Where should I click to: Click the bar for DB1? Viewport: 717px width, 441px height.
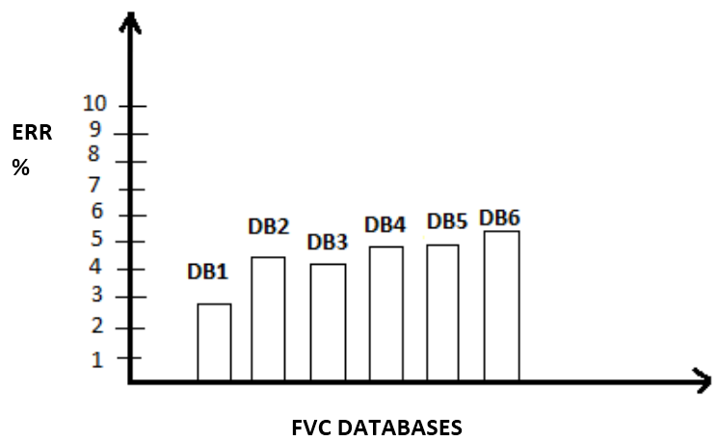(214, 343)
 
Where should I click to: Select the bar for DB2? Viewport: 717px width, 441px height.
(268, 320)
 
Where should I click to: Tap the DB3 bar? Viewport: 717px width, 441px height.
(328, 323)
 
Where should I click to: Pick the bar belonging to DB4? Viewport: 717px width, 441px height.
(385, 314)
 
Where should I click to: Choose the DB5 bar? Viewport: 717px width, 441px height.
(443, 313)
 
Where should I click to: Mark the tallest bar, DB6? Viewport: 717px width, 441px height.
(501, 306)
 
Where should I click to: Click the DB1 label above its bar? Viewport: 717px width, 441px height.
(207, 272)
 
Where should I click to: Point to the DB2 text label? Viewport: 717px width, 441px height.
(269, 227)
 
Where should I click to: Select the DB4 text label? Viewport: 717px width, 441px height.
(385, 225)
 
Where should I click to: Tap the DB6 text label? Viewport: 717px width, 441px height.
(499, 219)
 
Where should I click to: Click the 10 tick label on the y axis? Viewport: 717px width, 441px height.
(96, 104)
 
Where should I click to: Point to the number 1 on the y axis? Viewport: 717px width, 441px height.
(96, 358)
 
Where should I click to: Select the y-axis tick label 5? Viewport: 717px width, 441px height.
(96, 241)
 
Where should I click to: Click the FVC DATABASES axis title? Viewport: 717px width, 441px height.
(377, 427)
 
